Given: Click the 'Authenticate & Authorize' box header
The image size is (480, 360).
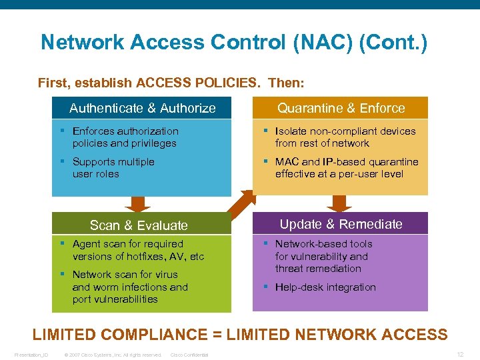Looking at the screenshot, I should (142, 108).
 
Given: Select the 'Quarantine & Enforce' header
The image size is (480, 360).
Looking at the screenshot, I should (341, 108).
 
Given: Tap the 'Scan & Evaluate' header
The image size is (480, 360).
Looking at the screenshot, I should (139, 225).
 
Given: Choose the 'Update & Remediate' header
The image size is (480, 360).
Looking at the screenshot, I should (341, 224).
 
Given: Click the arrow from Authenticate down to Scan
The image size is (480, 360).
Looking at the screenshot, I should (139, 204).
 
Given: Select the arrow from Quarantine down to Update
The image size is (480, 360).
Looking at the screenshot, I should (339, 203).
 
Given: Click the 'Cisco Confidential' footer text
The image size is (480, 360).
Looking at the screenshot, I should (189, 355).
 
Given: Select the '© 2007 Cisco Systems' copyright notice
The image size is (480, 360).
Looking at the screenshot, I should (112, 355).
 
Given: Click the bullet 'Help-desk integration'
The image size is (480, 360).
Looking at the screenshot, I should (325, 287).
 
